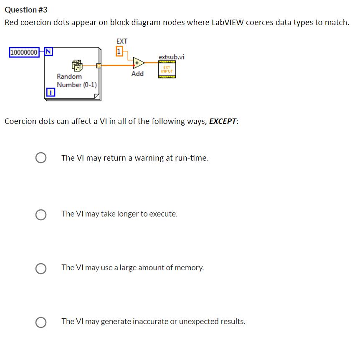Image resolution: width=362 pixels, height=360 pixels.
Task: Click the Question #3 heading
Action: [x=26, y=10]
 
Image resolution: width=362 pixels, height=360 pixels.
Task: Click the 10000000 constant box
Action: [x=24, y=52]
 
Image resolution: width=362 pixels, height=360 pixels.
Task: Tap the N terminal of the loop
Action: [x=48, y=52]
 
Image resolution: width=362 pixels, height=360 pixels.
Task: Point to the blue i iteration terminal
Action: [x=49, y=93]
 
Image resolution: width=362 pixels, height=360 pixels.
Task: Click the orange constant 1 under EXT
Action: [x=119, y=51]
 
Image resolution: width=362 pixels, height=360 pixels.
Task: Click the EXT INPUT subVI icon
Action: [x=167, y=69]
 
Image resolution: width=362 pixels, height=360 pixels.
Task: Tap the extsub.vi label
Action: [x=171, y=57]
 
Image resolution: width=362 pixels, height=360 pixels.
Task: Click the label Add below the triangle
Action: [x=137, y=74]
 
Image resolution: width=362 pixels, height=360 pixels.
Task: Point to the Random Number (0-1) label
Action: [x=77, y=81]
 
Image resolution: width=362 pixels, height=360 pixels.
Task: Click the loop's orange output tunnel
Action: [x=99, y=65]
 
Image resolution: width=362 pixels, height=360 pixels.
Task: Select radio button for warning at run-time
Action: [x=41, y=158]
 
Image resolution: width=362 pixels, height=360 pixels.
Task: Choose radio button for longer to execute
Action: [x=41, y=214]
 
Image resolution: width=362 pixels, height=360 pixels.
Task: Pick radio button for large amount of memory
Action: [x=41, y=268]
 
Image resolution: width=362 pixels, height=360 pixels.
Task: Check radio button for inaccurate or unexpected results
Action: [x=41, y=322]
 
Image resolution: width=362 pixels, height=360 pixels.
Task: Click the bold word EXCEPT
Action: [x=223, y=121]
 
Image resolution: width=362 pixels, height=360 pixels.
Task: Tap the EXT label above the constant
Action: [x=122, y=41]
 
